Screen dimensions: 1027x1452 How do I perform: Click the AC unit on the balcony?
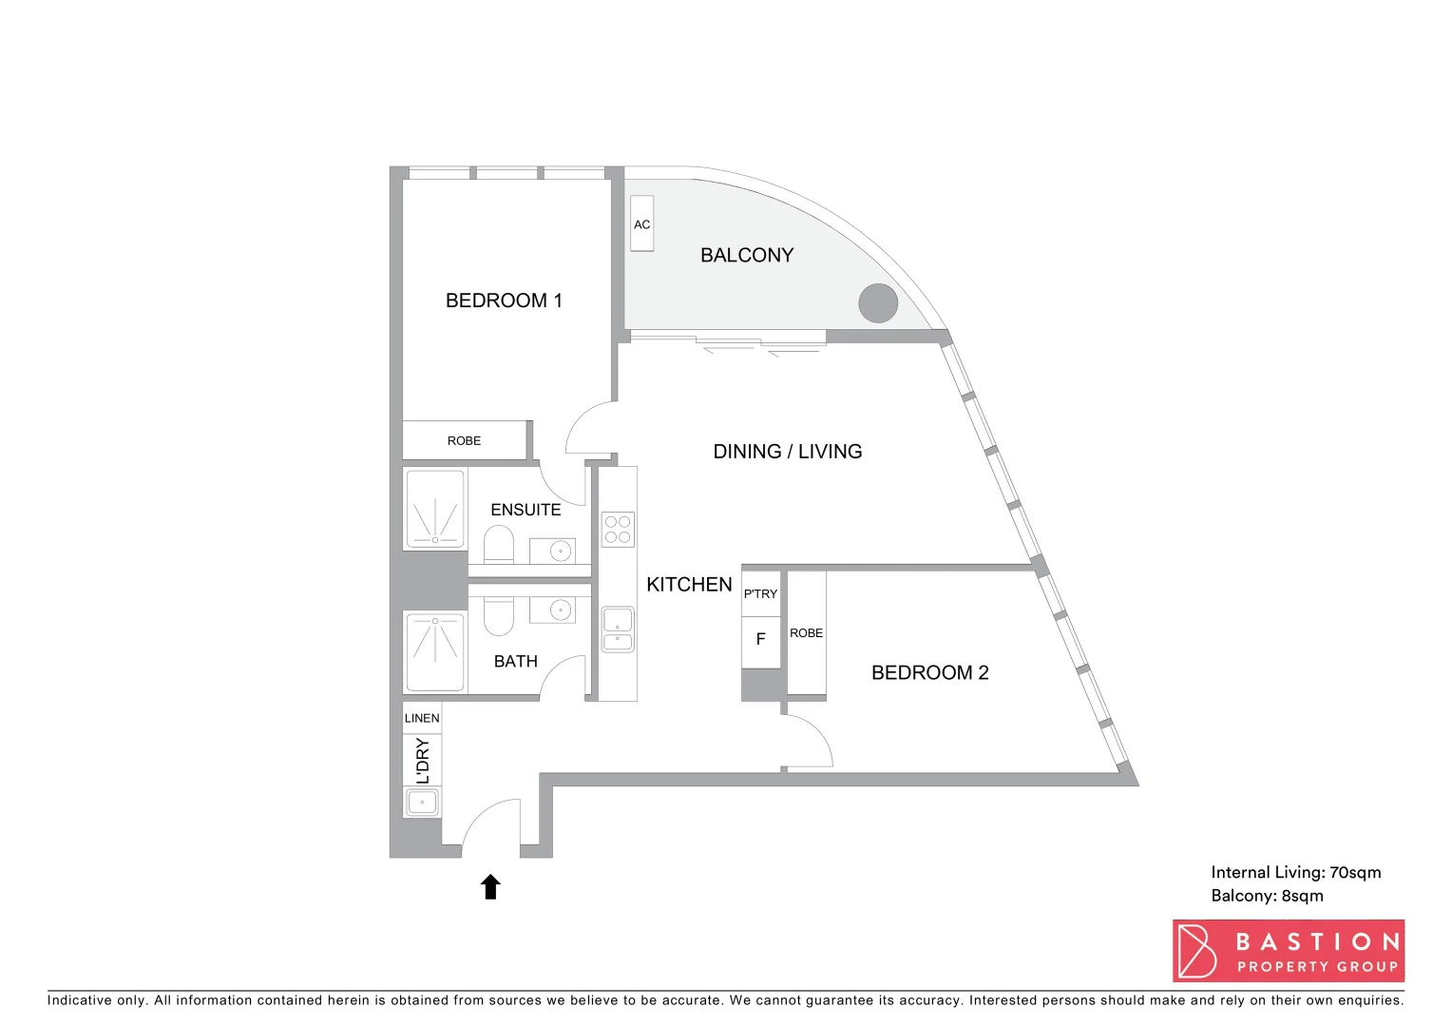point(642,224)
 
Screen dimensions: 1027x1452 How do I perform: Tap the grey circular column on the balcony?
point(878,303)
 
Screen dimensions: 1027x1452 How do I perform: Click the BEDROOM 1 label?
point(504,300)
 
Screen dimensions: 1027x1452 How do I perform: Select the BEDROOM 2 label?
point(929,672)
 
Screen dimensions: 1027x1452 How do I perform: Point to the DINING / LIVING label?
point(787,452)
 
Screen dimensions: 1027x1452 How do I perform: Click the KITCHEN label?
point(689,585)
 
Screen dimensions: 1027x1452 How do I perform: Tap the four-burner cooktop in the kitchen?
point(618,530)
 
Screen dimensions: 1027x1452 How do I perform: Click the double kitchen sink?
point(618,630)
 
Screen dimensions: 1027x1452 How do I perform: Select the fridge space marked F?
point(760,640)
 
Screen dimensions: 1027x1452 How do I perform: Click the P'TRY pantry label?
point(760,593)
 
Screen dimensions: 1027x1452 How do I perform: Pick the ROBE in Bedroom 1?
point(464,440)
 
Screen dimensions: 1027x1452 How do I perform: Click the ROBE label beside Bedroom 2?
point(806,633)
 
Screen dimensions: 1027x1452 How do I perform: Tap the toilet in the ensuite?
point(499,546)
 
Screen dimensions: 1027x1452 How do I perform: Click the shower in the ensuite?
point(435,510)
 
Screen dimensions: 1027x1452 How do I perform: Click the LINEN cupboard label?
point(422,718)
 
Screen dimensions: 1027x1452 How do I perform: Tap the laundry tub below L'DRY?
point(422,802)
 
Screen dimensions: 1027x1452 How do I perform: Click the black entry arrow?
point(490,886)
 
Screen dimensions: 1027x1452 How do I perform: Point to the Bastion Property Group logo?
point(1288,950)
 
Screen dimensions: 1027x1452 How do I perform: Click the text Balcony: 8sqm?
point(1267,896)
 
